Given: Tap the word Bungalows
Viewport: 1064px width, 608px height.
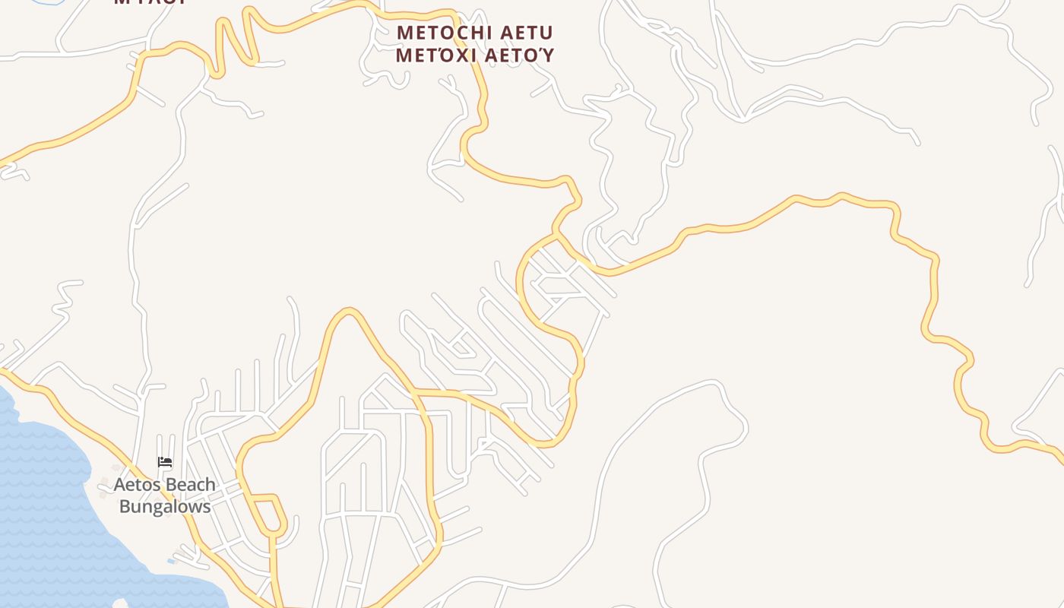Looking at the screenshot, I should point(165,506).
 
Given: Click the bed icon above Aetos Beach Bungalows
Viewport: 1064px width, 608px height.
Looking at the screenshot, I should point(165,461).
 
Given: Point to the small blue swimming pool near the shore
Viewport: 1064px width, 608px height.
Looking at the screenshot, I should point(172,562).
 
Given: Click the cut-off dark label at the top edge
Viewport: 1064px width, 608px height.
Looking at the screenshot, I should point(150,2).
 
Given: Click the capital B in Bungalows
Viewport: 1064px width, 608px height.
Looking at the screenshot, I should point(125,506).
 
